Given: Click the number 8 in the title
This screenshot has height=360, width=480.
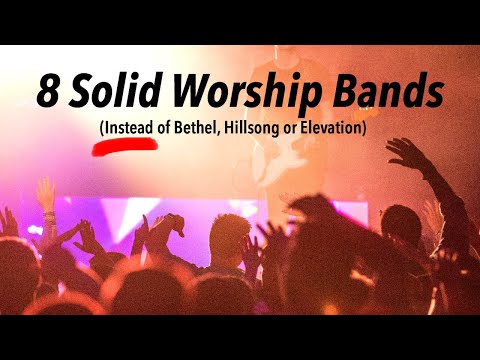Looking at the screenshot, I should point(47,92).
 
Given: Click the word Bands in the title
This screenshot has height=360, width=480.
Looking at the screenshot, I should point(385,91).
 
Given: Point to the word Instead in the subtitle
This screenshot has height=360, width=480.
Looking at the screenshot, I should point(129,128).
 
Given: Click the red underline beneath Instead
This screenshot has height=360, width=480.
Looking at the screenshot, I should point(126,144).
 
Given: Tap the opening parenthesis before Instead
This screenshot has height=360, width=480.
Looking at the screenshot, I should point(101,129).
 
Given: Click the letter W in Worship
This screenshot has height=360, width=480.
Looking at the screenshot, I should point(186,91).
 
